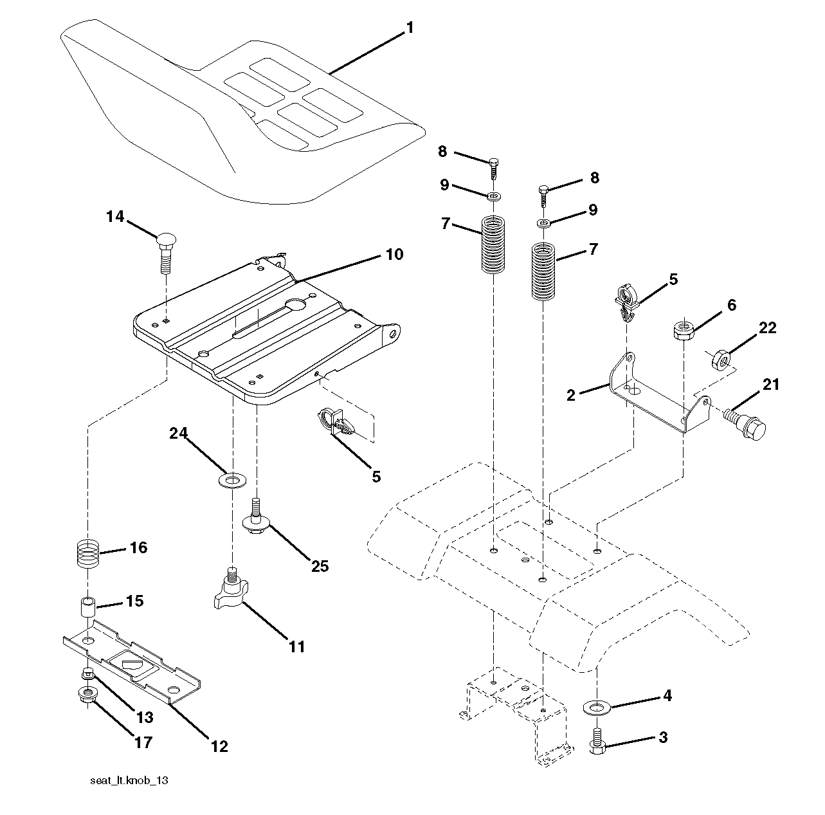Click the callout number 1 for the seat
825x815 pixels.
pos(410,28)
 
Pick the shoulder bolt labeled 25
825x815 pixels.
pos(256,518)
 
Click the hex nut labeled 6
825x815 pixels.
pos(683,331)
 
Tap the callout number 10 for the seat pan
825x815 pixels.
pos(394,255)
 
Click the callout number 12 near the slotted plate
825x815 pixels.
pos(219,746)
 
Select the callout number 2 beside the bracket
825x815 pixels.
pos(571,396)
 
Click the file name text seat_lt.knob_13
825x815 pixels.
pos(129,781)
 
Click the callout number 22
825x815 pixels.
pos(767,328)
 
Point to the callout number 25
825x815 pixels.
pos(320,566)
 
